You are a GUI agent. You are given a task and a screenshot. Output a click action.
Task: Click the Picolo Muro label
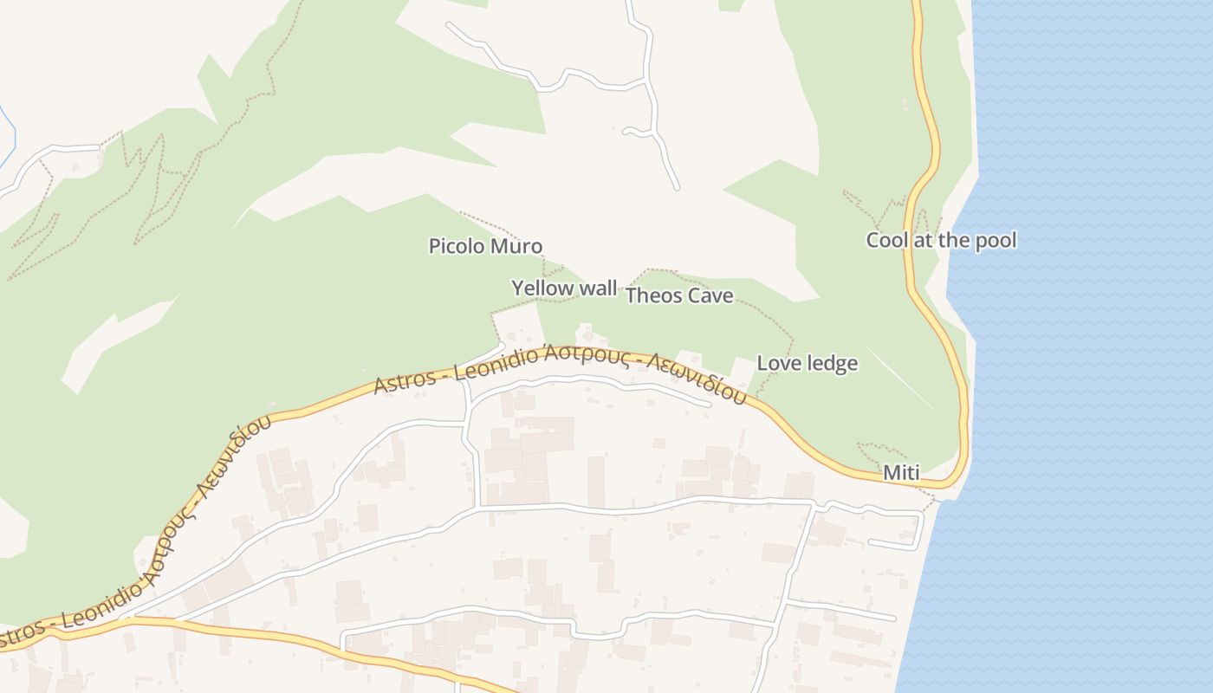pyautogui.click(x=485, y=246)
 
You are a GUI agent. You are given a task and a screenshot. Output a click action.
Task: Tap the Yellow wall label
pyautogui.click(x=564, y=288)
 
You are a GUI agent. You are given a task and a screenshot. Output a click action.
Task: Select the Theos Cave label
pyautogui.click(x=679, y=295)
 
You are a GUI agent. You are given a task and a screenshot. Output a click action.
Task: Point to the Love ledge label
pyautogui.click(x=808, y=363)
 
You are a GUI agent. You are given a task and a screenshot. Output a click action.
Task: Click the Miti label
pyautogui.click(x=901, y=473)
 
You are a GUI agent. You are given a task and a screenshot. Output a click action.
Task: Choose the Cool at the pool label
pyautogui.click(x=941, y=240)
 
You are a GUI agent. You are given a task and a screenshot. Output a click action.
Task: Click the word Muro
pyautogui.click(x=516, y=246)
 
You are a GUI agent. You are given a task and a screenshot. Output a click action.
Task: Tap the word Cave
pyautogui.click(x=710, y=295)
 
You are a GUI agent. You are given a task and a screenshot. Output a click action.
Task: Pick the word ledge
pyautogui.click(x=832, y=363)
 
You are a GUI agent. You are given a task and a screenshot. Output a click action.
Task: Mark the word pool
pyautogui.click(x=996, y=240)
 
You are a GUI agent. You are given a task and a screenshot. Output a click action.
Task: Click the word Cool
pyautogui.click(x=885, y=240)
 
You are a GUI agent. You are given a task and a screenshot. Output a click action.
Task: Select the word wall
pyautogui.click(x=599, y=288)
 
